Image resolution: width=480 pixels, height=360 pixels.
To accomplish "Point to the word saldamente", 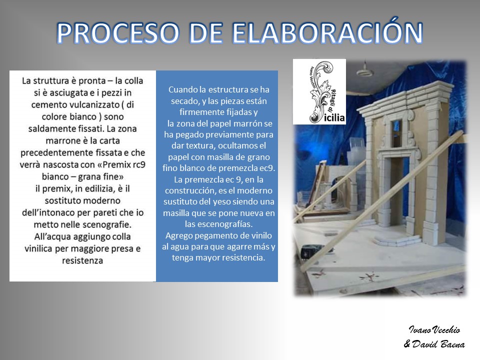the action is [48, 128].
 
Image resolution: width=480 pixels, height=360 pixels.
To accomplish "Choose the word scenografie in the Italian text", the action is [105, 224].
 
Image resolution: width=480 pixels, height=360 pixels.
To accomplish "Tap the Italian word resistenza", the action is [82, 260].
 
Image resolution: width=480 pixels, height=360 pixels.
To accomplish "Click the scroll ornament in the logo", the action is [320, 92].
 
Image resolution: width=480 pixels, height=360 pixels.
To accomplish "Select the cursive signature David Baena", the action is [434, 344].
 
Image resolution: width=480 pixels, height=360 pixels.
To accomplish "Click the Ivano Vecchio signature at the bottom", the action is [434, 329].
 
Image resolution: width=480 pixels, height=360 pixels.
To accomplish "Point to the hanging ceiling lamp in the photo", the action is [364, 69].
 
